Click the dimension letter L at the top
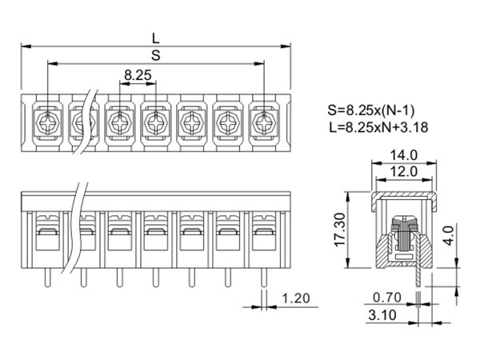click(155, 37)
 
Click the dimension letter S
click(155, 55)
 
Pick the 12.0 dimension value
click(404, 171)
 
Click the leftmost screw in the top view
click(47, 122)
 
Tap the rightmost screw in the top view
click(263, 122)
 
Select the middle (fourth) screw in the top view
click(155, 122)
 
